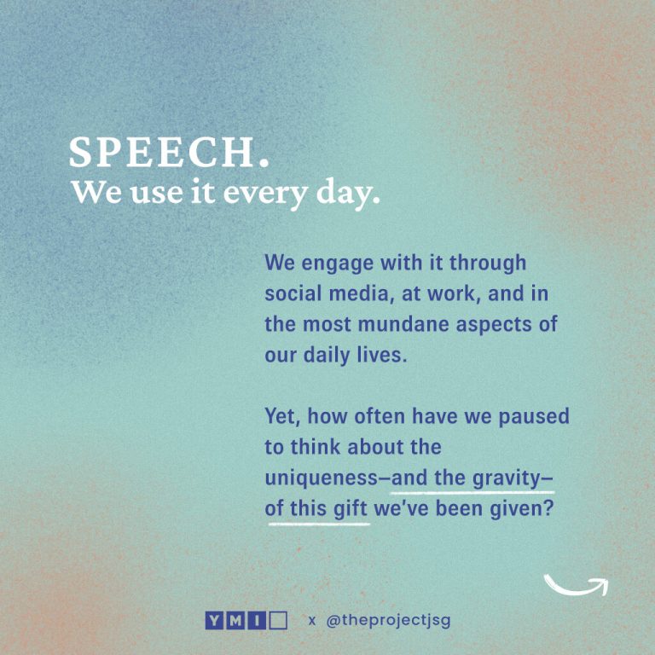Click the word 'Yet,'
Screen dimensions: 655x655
point(282,416)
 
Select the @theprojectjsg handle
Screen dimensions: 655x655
point(388,620)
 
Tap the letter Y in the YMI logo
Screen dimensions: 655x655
point(213,620)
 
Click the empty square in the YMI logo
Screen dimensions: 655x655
point(278,620)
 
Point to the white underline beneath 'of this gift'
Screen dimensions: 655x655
point(319,521)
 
